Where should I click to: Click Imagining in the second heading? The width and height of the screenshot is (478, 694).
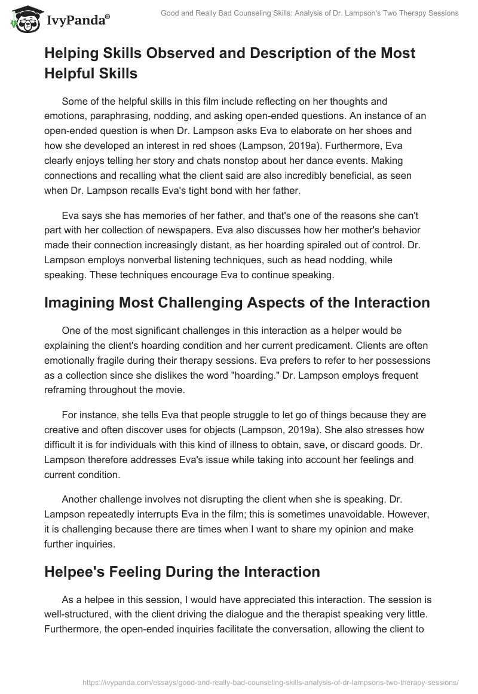point(83,303)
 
